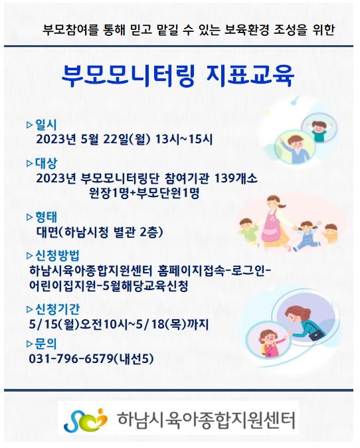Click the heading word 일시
tap(46, 125)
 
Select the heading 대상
tap(46, 163)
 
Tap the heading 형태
tap(46, 217)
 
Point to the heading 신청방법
tap(57, 255)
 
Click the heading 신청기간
tap(57, 309)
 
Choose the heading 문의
tap(46, 344)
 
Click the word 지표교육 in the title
tap(250, 76)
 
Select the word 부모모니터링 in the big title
tap(128, 76)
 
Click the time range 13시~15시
tap(184, 139)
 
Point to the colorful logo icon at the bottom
tap(85, 419)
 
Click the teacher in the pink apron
tap(272, 222)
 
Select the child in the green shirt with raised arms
tap(319, 130)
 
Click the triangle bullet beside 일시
tap(30, 125)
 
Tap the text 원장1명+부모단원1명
tap(144, 193)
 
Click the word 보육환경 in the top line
tap(246, 31)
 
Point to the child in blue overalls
tap(308, 235)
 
